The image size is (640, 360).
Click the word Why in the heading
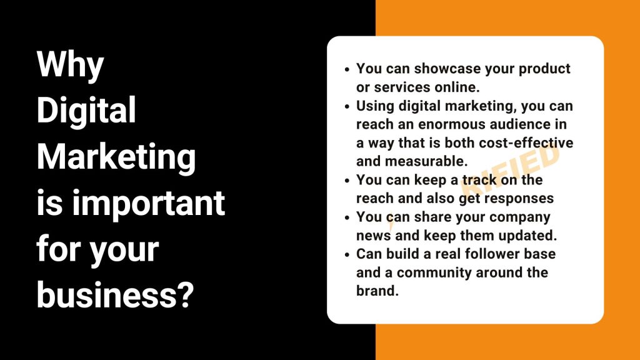70,65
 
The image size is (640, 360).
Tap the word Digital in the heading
86,110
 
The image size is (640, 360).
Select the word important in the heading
149,203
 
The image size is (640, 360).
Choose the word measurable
426,161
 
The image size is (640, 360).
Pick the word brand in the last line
377,291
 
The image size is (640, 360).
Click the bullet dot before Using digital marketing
347,107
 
